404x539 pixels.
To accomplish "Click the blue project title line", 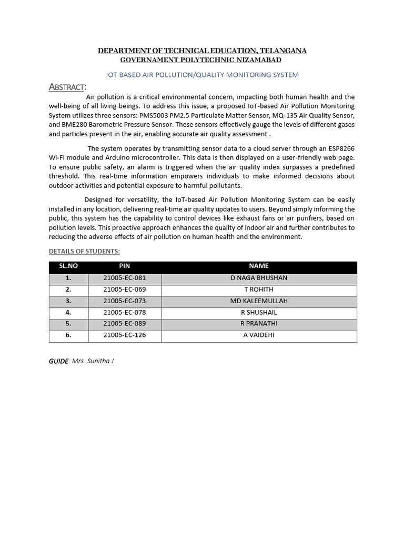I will [203, 75].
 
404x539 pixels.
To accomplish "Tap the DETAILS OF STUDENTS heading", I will [84, 251].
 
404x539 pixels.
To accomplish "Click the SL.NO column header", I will [68, 266].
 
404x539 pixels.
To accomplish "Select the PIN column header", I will [125, 266].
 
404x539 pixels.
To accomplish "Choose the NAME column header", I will [259, 266].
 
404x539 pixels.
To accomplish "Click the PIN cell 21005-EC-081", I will [125, 278].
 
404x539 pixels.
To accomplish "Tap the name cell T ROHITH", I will [259, 290].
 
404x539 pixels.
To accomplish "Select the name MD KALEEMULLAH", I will [259, 301].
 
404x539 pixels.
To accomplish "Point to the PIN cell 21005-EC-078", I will [125, 312].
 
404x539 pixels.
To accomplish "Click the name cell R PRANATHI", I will [259, 324].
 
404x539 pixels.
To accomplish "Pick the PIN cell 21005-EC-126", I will [125, 335].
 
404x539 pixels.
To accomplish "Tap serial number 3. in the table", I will [68, 301].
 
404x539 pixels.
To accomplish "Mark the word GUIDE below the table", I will [58, 361].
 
